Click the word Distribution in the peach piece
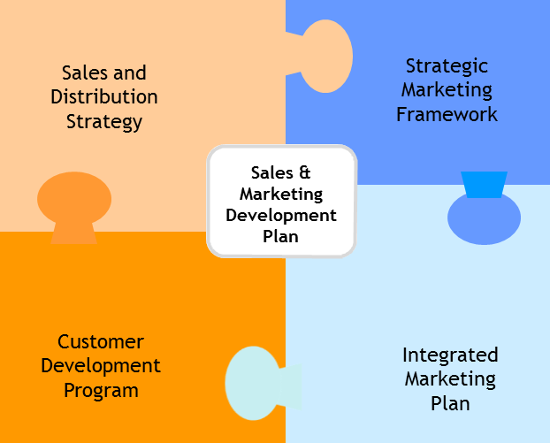(x=104, y=96)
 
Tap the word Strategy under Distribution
(x=104, y=122)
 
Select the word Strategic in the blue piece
(x=447, y=66)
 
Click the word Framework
(x=447, y=114)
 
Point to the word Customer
(x=101, y=341)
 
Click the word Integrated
(x=450, y=355)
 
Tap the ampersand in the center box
(x=305, y=172)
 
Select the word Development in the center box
(x=281, y=215)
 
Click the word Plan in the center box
(x=280, y=236)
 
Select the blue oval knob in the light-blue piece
(x=484, y=218)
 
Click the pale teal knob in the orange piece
(x=260, y=384)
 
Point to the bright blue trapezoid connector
(x=484, y=185)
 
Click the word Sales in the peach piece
(x=81, y=73)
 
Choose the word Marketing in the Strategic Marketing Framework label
(x=447, y=90)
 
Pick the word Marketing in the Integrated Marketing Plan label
(x=450, y=379)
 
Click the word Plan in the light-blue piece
(x=450, y=404)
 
